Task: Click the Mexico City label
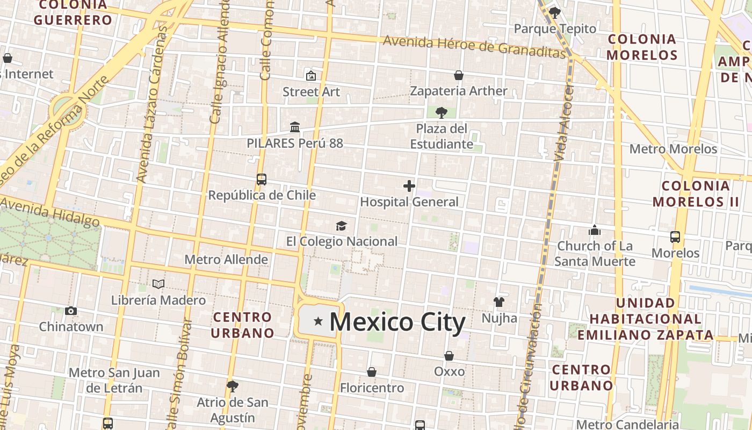(397, 322)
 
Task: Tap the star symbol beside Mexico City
(318, 321)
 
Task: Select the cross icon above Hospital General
(409, 186)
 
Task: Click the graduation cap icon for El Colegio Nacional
(341, 226)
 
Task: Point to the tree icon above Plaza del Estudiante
(442, 113)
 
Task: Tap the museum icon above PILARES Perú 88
(295, 127)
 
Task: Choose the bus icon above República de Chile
(262, 179)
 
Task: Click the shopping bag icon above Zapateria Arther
(459, 75)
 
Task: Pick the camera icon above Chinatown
(71, 311)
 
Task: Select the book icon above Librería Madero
(158, 284)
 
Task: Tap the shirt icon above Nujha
(499, 302)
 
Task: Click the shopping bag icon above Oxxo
(449, 356)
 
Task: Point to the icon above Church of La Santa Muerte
(595, 231)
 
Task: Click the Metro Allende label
(226, 260)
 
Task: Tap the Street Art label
(312, 92)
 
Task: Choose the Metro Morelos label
(673, 149)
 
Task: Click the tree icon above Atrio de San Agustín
(233, 386)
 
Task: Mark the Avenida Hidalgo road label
(50, 212)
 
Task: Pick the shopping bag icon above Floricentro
(372, 372)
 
